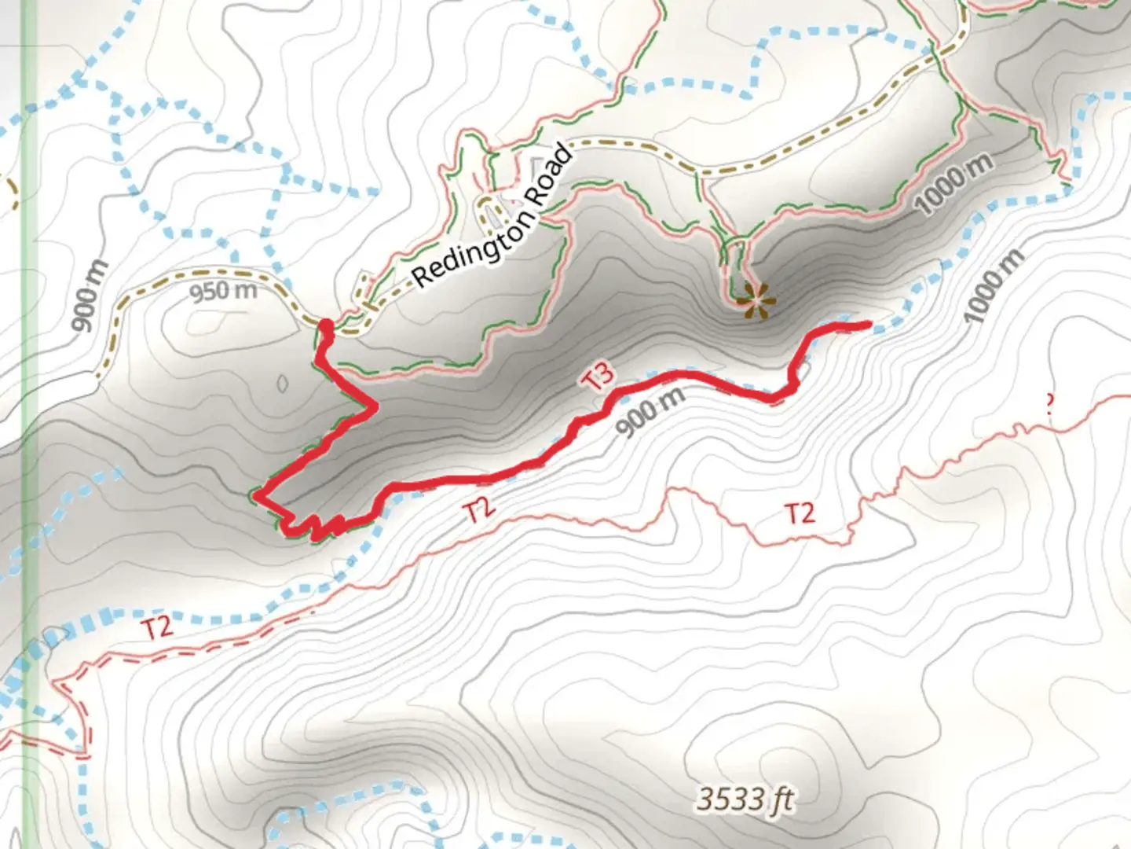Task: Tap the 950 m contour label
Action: (223, 292)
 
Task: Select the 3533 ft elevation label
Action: (745, 800)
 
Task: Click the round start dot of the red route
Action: (324, 325)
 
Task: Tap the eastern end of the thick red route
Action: (869, 324)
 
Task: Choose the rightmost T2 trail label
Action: (800, 514)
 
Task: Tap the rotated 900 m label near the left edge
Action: (88, 297)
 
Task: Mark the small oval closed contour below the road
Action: (283, 384)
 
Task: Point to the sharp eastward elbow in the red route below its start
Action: (375, 406)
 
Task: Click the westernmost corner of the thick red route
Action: (255, 496)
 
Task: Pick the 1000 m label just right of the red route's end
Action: (995, 286)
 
